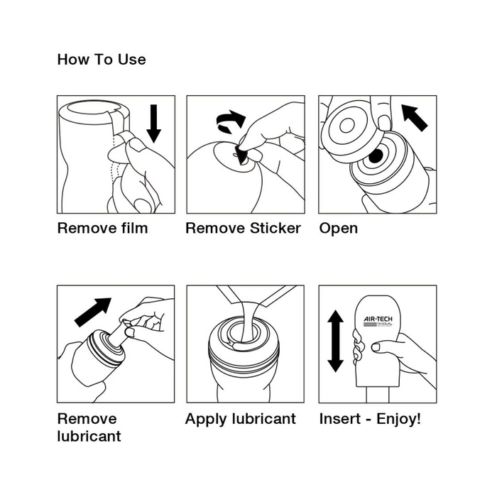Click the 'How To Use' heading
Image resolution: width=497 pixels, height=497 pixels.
click(102, 60)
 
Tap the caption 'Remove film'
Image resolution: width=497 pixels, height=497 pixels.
click(102, 228)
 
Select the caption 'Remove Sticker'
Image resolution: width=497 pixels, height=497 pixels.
click(243, 228)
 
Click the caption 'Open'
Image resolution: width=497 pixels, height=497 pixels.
click(338, 229)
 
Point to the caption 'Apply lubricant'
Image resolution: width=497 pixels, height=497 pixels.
click(240, 418)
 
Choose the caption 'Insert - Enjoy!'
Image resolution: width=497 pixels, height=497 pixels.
click(369, 418)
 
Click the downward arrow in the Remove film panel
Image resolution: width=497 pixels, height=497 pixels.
click(154, 123)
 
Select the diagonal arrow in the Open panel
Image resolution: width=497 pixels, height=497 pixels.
click(415, 116)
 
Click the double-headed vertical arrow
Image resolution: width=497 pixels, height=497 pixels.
click(335, 342)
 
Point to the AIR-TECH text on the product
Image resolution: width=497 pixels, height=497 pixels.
click(378, 320)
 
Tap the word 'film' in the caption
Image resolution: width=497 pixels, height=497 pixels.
click(134, 228)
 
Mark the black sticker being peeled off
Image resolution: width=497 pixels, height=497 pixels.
click(241, 155)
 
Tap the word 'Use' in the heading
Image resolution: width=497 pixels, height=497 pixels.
click(133, 60)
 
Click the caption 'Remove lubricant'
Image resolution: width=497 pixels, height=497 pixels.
click(89, 427)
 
